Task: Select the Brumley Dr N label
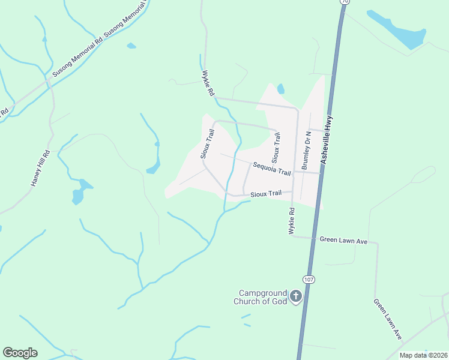[307, 151]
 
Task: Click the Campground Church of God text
[261, 297]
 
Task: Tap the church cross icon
[295, 296]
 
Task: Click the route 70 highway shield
[344, 2]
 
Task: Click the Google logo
[20, 353]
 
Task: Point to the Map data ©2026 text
[423, 355]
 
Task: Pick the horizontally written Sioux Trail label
[266, 193]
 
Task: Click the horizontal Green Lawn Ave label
[343, 241]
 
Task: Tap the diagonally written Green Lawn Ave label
[387, 319]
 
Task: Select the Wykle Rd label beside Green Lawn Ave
[292, 221]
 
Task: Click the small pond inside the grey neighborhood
[280, 89]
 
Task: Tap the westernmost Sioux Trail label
[207, 144]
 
